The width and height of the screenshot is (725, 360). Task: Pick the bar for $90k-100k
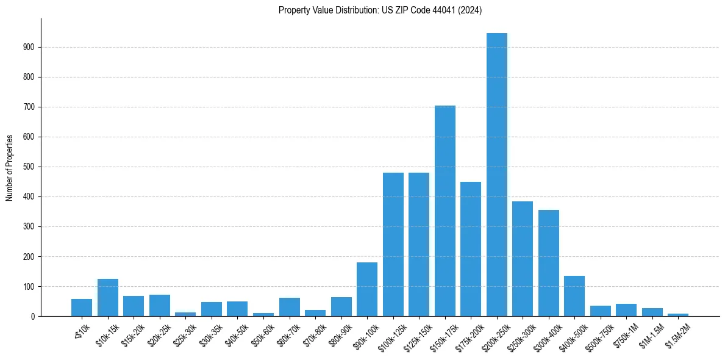click(367, 289)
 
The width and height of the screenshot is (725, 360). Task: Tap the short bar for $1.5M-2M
click(677, 315)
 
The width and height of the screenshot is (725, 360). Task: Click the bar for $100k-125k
click(393, 245)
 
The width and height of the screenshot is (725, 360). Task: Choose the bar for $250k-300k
click(523, 259)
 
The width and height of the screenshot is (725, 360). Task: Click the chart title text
click(380, 10)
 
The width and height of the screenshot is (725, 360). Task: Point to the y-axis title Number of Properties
click(10, 167)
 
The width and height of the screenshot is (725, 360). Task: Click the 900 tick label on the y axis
click(29, 47)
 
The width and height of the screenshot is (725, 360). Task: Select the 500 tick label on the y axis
click(29, 167)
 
